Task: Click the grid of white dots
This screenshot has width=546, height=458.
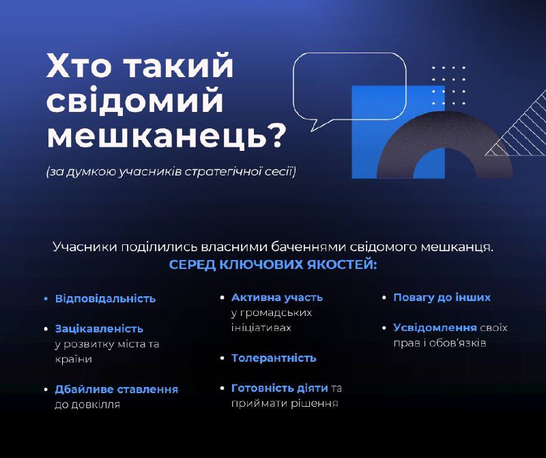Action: click(448, 85)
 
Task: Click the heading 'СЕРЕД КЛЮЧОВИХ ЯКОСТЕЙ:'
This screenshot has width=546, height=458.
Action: click(272, 265)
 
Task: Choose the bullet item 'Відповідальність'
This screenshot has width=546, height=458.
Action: click(105, 298)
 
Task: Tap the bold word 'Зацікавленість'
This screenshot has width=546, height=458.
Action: click(99, 328)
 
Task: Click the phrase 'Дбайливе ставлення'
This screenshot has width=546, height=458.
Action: click(116, 389)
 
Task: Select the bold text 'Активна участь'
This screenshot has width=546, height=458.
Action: click(277, 298)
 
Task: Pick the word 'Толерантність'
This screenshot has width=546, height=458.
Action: click(274, 358)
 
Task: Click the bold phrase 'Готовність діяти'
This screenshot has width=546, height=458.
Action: click(280, 388)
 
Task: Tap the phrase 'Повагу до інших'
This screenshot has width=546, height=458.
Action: click(442, 298)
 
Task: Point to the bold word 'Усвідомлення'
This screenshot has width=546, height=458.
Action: click(435, 328)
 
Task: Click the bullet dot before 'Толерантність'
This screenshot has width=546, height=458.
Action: click(222, 358)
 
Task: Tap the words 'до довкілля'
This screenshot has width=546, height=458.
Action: click(87, 404)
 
